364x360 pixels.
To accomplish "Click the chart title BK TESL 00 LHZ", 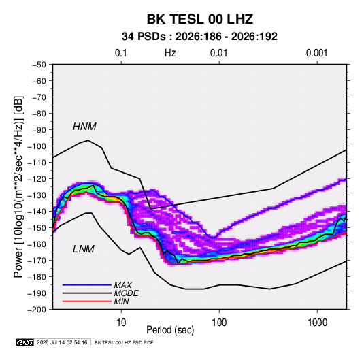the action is pyautogui.click(x=199, y=19).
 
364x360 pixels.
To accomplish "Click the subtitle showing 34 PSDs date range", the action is pyautogui.click(x=199, y=37).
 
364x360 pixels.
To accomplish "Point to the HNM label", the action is pyautogui.click(x=84, y=127).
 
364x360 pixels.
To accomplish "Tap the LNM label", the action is pyautogui.click(x=84, y=249).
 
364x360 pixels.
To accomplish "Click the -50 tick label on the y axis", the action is pyautogui.click(x=39, y=65).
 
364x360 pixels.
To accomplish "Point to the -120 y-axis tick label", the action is pyautogui.click(x=37, y=179).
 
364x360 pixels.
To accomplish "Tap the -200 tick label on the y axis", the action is pyautogui.click(x=37, y=310).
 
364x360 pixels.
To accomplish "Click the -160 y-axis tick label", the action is pyautogui.click(x=37, y=244).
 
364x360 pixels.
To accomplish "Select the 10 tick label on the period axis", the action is pyautogui.click(x=121, y=323).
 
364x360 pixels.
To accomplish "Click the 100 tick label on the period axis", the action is pyautogui.click(x=219, y=323).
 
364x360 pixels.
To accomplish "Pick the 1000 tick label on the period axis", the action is pyautogui.click(x=317, y=323).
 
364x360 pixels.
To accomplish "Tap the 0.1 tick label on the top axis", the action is pyautogui.click(x=121, y=53).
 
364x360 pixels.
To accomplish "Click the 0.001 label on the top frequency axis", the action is pyautogui.click(x=317, y=53).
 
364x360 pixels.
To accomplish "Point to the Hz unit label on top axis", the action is pyautogui.click(x=170, y=53).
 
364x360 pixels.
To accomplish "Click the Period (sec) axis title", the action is pyautogui.click(x=170, y=330).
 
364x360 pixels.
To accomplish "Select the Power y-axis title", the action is pyautogui.click(x=18, y=187).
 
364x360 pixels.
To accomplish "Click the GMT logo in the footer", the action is pyautogui.click(x=25, y=342).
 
